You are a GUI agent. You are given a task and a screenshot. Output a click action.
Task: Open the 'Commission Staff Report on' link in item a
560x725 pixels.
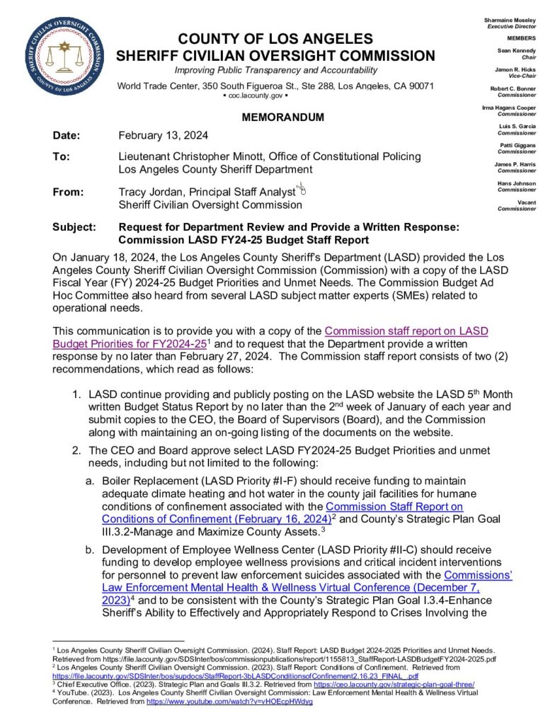coord(394,506)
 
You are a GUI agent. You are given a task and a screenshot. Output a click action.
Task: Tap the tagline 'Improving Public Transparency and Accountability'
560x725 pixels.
coord(276,71)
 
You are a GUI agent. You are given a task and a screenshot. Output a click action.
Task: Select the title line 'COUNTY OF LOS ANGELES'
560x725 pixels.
coord(275,38)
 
